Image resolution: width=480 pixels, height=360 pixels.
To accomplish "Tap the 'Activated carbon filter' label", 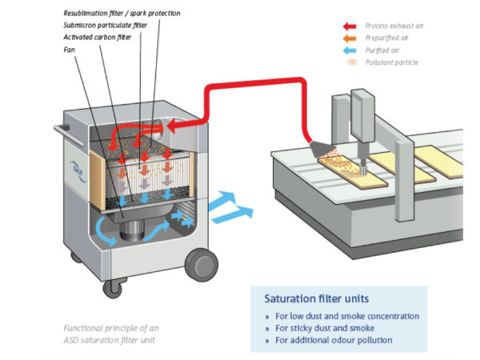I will click(98, 37).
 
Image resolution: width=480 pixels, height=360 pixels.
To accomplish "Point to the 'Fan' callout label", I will click(70, 49).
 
